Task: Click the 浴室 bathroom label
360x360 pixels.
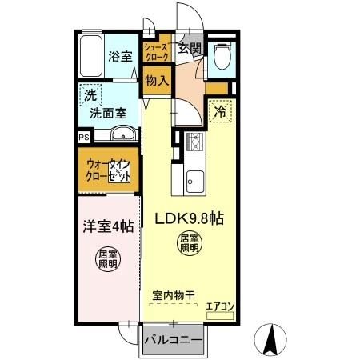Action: click(119, 57)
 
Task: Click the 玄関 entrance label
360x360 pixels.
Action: click(189, 48)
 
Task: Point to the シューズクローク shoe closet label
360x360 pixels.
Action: click(154, 51)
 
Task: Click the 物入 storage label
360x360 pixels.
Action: click(157, 80)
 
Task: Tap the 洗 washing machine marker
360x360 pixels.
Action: click(90, 94)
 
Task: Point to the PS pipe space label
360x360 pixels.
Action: click(84, 138)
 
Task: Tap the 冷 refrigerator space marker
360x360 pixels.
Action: click(218, 112)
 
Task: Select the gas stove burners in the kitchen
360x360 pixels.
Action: click(194, 142)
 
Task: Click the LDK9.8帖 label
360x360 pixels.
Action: click(189, 218)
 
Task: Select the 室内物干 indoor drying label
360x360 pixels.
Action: click(170, 294)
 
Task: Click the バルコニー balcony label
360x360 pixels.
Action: click(173, 340)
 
